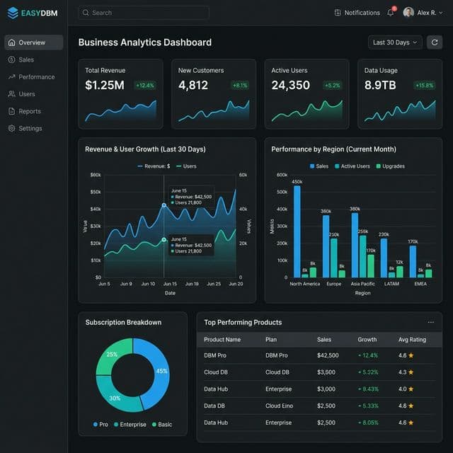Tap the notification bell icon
pyautogui.click(x=390, y=13)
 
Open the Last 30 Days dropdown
pyautogui.click(x=395, y=42)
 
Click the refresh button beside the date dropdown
pyautogui.click(x=434, y=42)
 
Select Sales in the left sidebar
pyautogui.click(x=26, y=60)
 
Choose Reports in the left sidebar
pyautogui.click(x=29, y=111)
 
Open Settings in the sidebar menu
pyautogui.click(x=30, y=129)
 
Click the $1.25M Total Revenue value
pyautogui.click(x=105, y=86)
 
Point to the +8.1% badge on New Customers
pyautogui.click(x=240, y=86)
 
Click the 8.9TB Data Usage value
pyautogui.click(x=381, y=86)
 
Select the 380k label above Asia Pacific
pyautogui.click(x=355, y=209)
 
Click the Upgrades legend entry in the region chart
pyautogui.click(x=391, y=166)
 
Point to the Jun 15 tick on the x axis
pyautogui.click(x=170, y=284)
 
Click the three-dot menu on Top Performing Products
pyautogui.click(x=431, y=323)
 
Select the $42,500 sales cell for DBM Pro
pyautogui.click(x=328, y=355)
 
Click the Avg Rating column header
pyautogui.click(x=412, y=340)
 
